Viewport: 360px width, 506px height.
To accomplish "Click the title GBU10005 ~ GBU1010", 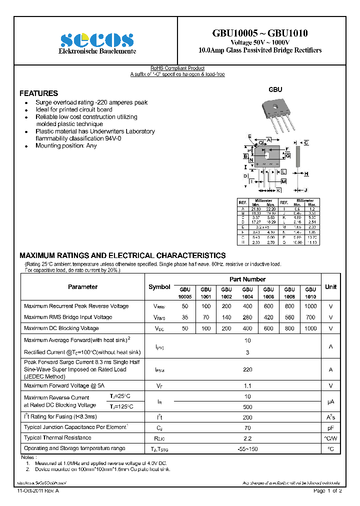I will [x=259, y=33].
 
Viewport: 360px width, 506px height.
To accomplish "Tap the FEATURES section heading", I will [x=38, y=93].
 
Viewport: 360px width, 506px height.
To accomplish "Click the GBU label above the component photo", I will [x=275, y=89].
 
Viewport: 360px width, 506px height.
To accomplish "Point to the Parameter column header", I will [x=82, y=287].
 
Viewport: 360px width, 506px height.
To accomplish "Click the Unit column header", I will [x=330, y=287].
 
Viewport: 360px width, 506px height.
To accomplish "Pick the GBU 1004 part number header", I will [x=247, y=292].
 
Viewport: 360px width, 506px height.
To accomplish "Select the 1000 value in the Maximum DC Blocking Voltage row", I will [x=310, y=328].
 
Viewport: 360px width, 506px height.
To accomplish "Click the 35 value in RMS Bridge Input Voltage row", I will [x=185, y=317].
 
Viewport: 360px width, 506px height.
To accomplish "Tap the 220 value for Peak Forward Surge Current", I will [x=247, y=369].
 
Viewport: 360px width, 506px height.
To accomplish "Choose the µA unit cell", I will [x=330, y=401].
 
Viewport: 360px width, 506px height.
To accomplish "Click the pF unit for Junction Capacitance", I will [x=330, y=427].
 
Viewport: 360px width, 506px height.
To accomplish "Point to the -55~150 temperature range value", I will [x=247, y=449].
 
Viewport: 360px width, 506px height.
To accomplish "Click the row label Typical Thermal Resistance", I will [x=57, y=438].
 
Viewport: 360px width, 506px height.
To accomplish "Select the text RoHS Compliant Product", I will [x=177, y=68].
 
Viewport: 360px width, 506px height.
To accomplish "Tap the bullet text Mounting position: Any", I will [x=66, y=146].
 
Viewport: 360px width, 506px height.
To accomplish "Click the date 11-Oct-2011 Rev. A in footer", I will [x=38, y=491].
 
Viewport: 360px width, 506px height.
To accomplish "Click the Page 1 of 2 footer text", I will [x=327, y=491].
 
